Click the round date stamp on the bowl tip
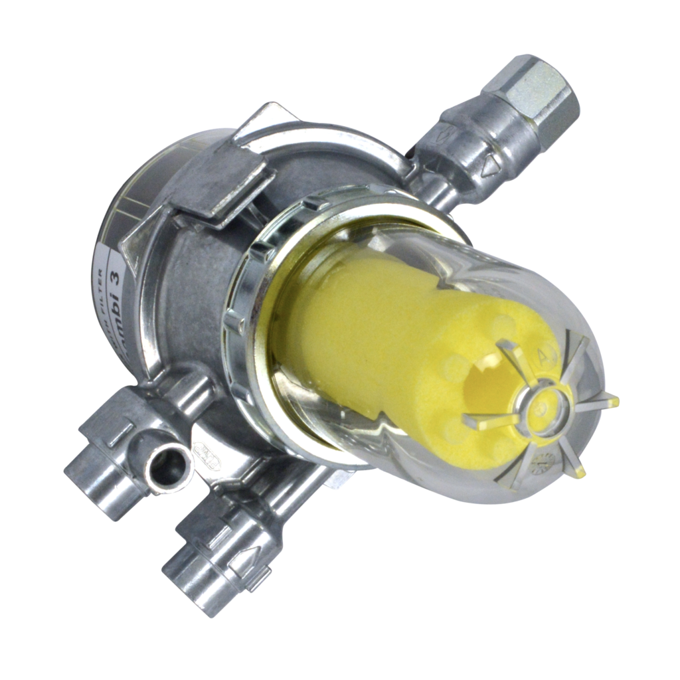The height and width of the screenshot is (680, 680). coord(545,458)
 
